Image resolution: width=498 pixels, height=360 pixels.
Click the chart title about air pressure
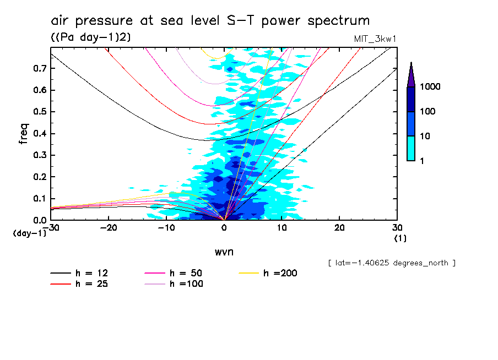coord(210,21)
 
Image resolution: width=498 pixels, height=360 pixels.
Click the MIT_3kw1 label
coord(375,38)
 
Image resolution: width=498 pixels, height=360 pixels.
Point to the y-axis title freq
coord(24,134)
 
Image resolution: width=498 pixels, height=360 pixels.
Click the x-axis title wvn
coord(223,252)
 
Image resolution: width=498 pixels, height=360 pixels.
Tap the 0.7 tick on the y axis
coord(39,68)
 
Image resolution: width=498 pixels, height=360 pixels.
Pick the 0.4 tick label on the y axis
coord(39,133)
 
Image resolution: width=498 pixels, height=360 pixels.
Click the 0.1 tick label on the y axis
coord(39,198)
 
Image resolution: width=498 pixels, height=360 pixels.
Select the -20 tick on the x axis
coord(109,227)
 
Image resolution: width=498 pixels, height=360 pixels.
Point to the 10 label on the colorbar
coord(425,136)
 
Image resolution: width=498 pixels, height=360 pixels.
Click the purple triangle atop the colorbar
coord(411,74)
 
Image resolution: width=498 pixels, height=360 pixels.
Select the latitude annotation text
coord(391,263)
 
